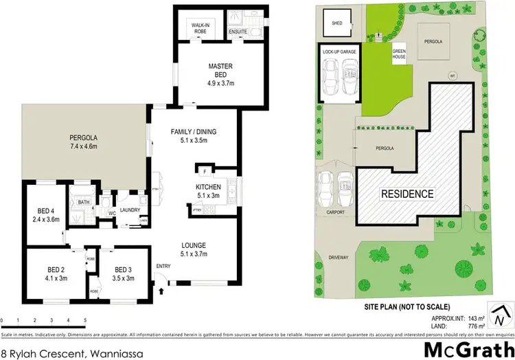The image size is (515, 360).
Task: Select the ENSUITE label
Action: [x=238, y=32]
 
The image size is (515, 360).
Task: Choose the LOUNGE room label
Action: [x=193, y=245]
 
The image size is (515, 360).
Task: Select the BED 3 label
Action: [x=124, y=269]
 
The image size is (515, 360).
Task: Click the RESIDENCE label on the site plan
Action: [x=407, y=194]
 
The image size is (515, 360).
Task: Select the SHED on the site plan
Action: [x=337, y=23]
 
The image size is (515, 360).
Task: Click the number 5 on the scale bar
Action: [x=84, y=320]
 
